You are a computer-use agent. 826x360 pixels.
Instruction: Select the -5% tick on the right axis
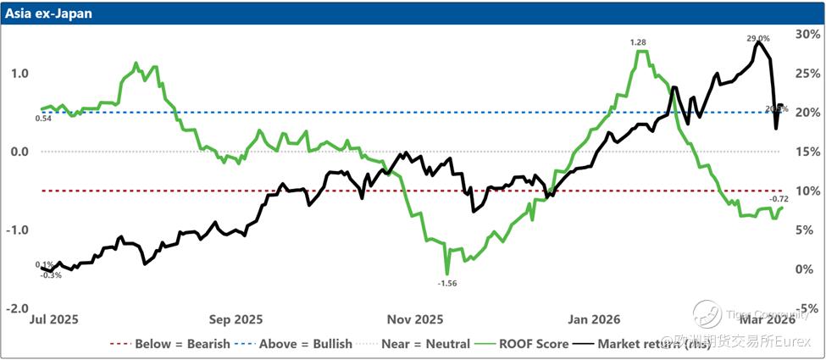click(x=806, y=308)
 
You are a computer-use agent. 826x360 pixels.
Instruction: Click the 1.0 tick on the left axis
click(x=19, y=74)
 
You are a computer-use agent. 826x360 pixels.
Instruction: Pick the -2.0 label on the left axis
click(x=19, y=308)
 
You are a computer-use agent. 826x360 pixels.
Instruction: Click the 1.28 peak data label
click(x=638, y=42)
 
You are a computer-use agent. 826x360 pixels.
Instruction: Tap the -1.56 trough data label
click(x=447, y=283)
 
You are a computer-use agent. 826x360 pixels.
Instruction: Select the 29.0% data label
click(x=758, y=38)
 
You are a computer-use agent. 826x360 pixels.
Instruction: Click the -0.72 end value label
click(x=779, y=199)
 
